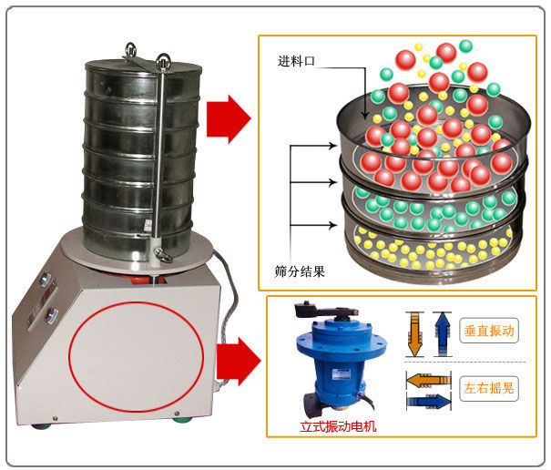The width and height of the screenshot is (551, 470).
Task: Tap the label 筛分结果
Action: (x=300, y=271)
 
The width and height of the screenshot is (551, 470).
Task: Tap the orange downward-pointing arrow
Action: (x=415, y=333)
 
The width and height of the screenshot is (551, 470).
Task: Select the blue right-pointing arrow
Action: (x=427, y=399)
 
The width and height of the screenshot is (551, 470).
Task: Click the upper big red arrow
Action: (x=228, y=117)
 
